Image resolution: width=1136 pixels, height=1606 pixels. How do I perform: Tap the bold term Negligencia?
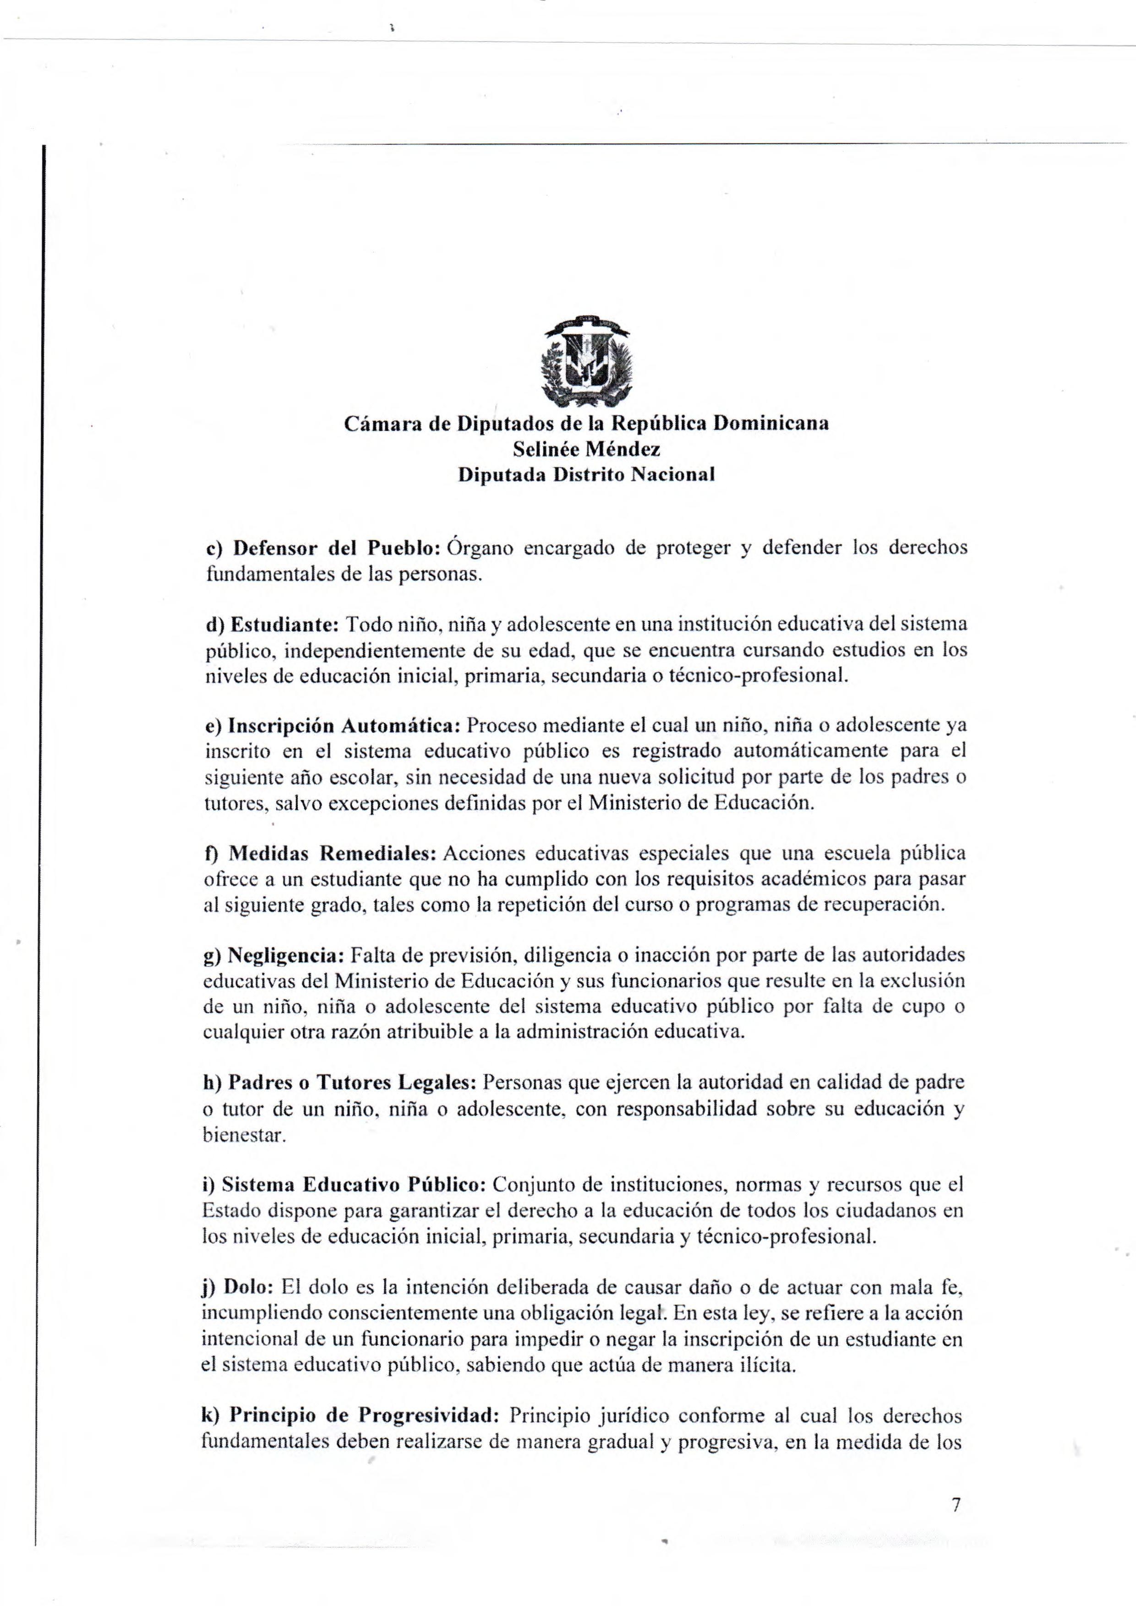coord(283,955)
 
